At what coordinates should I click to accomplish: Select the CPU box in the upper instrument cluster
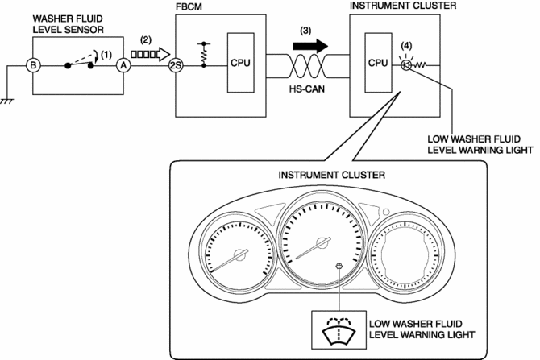click(378, 60)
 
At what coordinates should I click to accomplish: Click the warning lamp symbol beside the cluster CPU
click(407, 62)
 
